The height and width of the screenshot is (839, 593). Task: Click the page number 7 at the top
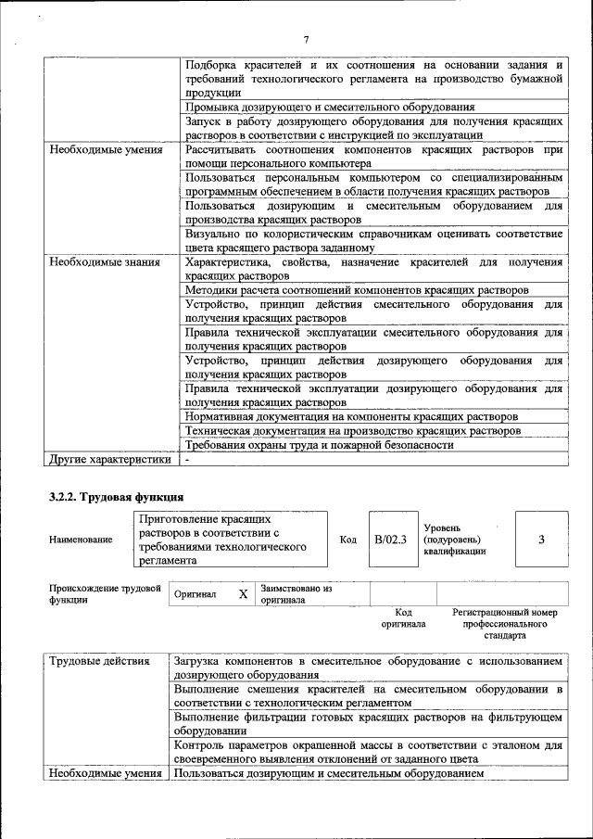pos(305,38)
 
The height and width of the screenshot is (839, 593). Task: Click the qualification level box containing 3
pos(540,539)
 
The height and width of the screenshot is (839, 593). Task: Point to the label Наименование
pos(82,540)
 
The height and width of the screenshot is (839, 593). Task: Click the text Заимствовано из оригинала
pos(296,594)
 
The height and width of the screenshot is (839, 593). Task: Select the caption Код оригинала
pos(403,618)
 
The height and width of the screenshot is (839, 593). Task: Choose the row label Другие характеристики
pos(109,458)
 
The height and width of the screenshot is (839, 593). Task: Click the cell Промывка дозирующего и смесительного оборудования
pos(330,108)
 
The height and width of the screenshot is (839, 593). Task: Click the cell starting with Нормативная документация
pos(350,416)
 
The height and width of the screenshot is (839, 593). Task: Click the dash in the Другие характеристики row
pos(187,458)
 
